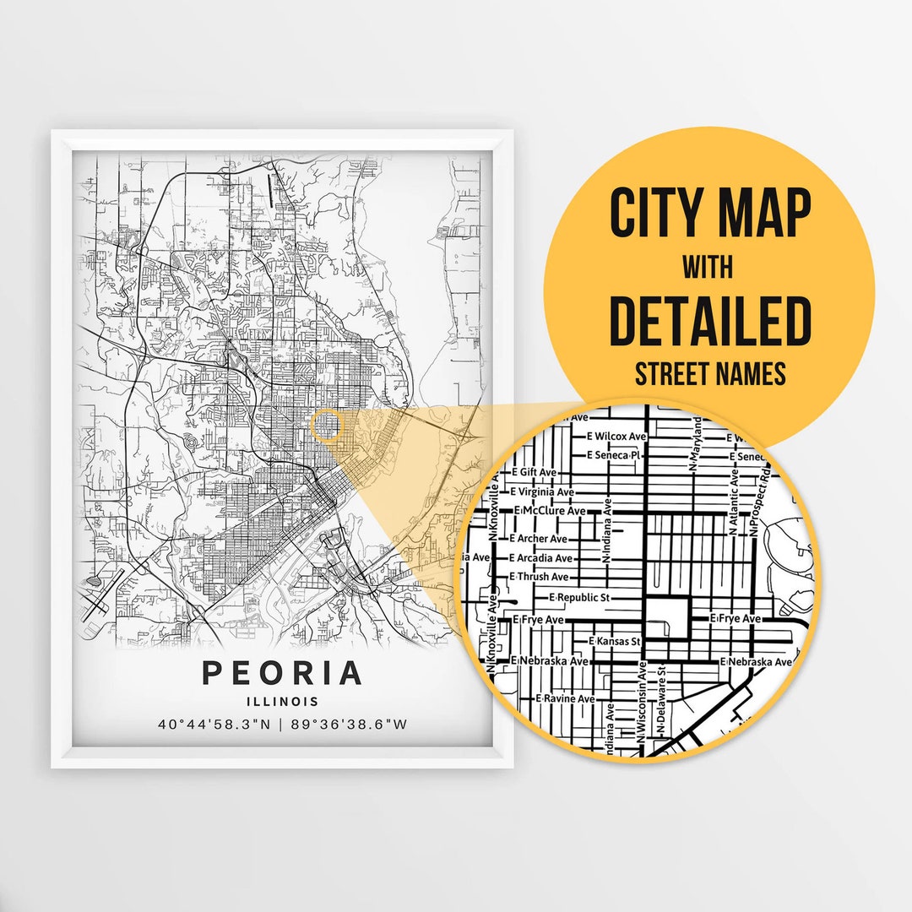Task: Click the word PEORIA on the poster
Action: click(282, 673)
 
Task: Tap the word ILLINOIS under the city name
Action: click(282, 701)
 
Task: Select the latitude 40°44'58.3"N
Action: click(218, 724)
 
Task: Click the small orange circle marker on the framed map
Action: click(326, 424)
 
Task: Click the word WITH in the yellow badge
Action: click(708, 268)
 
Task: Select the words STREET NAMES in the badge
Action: click(709, 373)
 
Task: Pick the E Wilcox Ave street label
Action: click(616, 437)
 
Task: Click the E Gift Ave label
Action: click(535, 472)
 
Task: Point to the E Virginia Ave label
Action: click(543, 491)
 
